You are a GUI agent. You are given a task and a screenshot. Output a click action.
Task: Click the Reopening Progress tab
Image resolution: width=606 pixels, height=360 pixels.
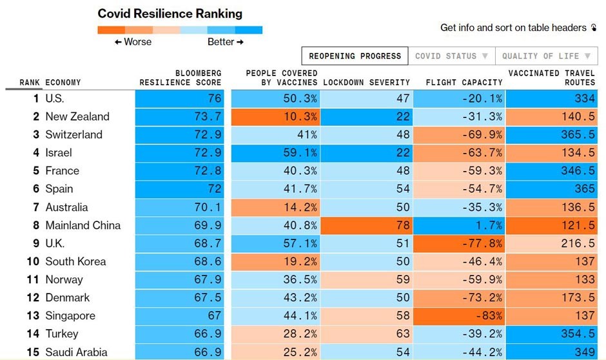point(355,56)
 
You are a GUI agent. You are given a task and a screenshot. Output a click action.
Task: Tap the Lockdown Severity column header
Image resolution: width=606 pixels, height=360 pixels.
point(366,83)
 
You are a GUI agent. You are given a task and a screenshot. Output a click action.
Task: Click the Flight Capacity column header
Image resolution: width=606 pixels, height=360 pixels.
point(464,83)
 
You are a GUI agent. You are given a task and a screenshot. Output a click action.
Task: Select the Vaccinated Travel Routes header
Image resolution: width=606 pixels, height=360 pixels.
point(551,78)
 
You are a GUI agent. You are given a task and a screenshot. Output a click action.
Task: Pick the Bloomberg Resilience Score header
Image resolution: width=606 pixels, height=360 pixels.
point(181,78)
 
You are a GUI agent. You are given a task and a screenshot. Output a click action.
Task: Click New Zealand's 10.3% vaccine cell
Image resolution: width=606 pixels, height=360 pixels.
point(275,117)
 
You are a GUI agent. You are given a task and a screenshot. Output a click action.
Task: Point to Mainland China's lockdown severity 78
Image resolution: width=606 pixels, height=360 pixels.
point(366,225)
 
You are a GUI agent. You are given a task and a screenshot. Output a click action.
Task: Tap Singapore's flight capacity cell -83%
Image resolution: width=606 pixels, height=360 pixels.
point(459,315)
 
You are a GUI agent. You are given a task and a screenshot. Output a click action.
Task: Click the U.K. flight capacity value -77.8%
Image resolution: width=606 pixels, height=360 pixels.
point(459,243)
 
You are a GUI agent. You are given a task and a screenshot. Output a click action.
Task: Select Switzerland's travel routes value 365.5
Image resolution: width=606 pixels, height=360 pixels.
point(551,135)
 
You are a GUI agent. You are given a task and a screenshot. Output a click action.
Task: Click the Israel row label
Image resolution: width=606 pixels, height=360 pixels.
point(59,153)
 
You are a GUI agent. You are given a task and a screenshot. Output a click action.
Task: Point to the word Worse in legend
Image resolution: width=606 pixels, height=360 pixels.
point(133,42)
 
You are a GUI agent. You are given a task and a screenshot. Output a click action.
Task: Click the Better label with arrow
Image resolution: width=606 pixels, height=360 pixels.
point(225,42)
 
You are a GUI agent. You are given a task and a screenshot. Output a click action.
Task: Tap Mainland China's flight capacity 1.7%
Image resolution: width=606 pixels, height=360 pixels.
point(459,225)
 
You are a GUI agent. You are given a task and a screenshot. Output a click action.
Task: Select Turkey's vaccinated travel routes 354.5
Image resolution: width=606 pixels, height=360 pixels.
point(551,334)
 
